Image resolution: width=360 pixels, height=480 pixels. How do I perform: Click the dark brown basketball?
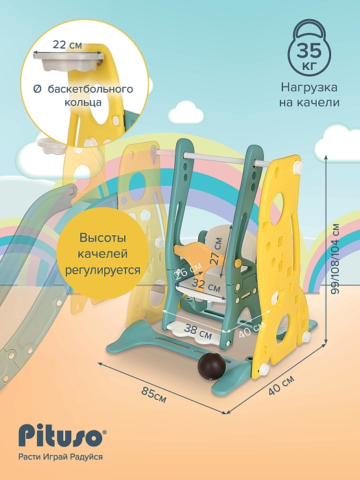pyautogui.click(x=211, y=367)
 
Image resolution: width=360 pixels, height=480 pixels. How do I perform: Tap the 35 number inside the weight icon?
pyautogui.click(x=309, y=51)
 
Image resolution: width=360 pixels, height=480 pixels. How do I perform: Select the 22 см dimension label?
pyautogui.click(x=67, y=45)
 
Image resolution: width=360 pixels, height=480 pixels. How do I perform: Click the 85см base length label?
pyautogui.click(x=154, y=395)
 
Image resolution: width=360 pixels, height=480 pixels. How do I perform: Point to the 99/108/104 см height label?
pyautogui.click(x=336, y=259)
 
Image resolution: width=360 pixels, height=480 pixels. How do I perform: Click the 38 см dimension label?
pyautogui.click(x=197, y=331)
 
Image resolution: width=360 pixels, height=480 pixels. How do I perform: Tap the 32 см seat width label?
pyautogui.click(x=206, y=285)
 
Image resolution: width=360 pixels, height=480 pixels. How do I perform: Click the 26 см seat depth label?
pyautogui.click(x=189, y=271)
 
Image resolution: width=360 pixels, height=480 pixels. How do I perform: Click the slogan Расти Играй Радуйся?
pyautogui.click(x=60, y=457)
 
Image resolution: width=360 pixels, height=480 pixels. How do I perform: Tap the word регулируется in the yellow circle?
pyautogui.click(x=103, y=270)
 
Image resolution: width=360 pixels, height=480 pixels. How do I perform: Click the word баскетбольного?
pyautogui.click(x=91, y=88)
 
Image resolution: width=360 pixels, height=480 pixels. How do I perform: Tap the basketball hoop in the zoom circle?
pyautogui.click(x=69, y=62)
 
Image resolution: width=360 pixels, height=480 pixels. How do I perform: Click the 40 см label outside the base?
pyautogui.click(x=281, y=385)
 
